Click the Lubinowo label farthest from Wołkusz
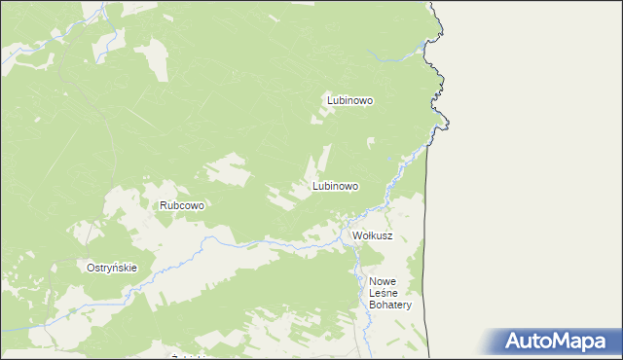click(350, 99)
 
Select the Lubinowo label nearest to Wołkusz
click(336, 186)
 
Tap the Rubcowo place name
click(181, 206)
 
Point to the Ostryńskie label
click(112, 269)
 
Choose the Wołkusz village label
click(372, 236)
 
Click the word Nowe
click(384, 281)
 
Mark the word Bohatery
click(391, 305)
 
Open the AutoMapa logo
click(554, 341)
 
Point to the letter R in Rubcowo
click(165, 206)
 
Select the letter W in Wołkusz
click(357, 236)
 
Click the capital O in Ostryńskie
click(91, 269)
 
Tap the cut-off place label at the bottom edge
click(191, 357)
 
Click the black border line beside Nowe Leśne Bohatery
click(425, 292)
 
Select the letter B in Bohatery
click(373, 305)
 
